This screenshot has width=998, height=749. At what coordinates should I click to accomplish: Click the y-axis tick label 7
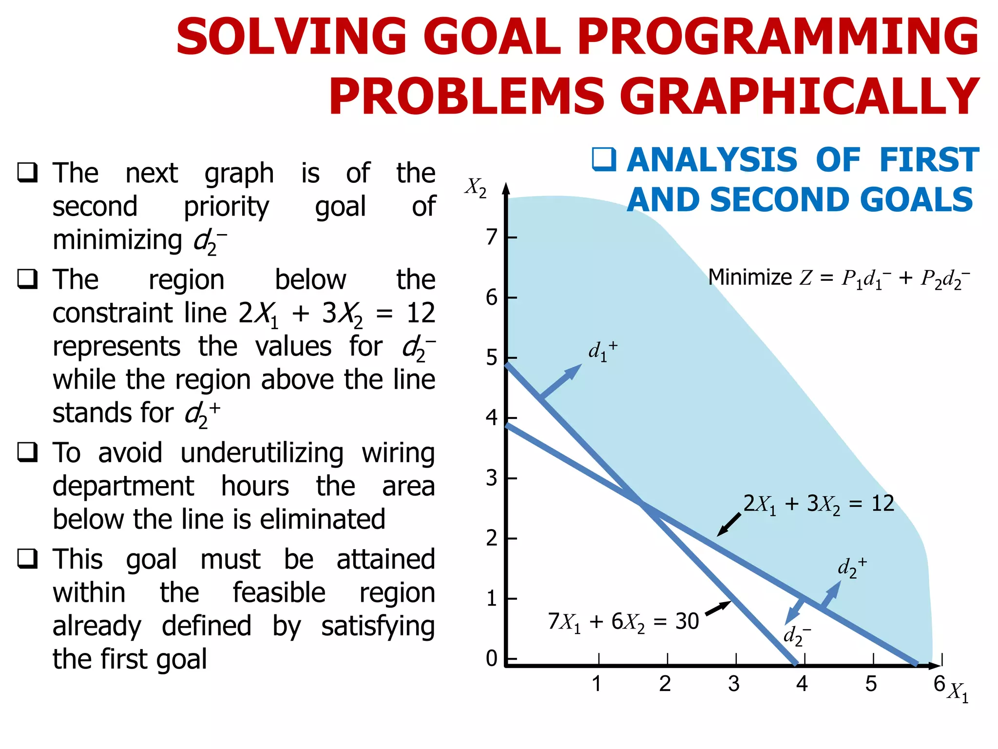pos(492,237)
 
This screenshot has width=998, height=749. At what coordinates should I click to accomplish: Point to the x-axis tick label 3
pos(733,684)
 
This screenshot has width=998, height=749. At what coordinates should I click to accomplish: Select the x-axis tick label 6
pos(939,683)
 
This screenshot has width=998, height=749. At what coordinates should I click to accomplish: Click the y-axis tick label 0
pos(492,658)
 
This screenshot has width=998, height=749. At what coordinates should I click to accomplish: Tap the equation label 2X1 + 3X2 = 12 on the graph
pos(818,504)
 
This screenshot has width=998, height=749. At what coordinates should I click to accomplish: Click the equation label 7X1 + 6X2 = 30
pos(623,622)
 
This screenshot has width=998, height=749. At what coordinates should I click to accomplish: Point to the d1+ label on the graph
pos(602,351)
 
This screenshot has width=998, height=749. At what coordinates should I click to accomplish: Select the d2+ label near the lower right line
pos(851,568)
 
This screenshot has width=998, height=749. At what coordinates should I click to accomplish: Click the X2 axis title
pos(475,187)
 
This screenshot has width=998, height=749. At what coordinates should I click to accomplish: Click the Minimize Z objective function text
pos(838,278)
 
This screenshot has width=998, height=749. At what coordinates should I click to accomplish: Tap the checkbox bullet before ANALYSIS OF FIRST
pos(604,159)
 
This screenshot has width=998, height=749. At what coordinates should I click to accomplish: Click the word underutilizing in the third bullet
pos(262,453)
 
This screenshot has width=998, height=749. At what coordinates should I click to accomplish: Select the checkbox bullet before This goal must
pos(28,559)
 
